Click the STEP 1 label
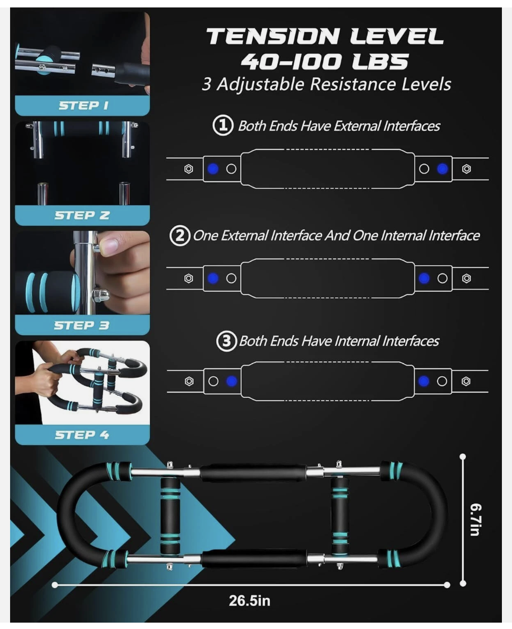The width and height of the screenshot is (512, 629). tap(83, 106)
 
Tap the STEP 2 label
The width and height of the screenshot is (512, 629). tap(82, 215)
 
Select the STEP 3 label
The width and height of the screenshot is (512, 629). tap(82, 325)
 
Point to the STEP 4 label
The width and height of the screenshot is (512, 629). tap(82, 435)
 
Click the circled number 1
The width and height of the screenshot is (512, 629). tap(223, 125)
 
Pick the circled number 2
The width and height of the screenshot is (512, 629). tap(180, 235)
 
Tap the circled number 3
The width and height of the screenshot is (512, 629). tap(227, 341)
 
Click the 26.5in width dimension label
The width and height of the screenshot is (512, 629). tap(250, 600)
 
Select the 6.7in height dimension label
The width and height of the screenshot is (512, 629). tap(475, 520)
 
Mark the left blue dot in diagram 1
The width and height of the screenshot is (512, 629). tap(213, 169)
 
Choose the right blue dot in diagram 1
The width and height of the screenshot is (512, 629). tap(442, 169)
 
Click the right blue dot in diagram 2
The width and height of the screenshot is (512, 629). tap(424, 278)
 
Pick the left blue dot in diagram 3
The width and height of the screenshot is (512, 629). tap(232, 381)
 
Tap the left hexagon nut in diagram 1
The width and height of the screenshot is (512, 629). tap(189, 169)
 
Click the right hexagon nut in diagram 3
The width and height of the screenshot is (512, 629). tap(466, 381)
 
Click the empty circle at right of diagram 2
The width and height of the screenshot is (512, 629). tap(442, 278)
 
